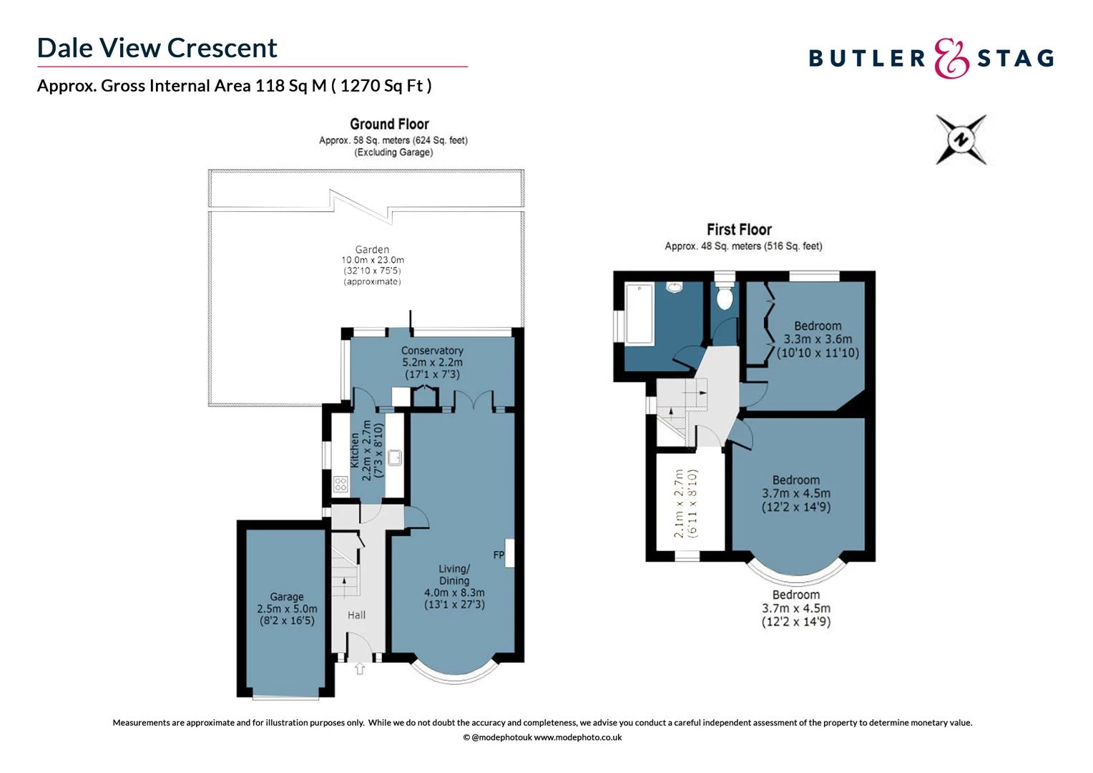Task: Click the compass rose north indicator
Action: click(961, 140)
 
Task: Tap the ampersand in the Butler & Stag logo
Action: click(951, 59)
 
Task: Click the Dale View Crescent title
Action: click(157, 48)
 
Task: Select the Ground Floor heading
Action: click(389, 124)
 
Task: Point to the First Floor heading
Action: click(739, 230)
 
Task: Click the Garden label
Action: click(372, 250)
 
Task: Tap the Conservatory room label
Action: click(432, 351)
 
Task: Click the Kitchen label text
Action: click(355, 451)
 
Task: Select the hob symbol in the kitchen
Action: click(340, 485)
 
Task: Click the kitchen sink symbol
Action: click(395, 457)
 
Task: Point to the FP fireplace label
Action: click(499, 555)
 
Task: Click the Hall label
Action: click(356, 615)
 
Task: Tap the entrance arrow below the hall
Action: click(360, 669)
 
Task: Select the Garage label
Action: click(287, 597)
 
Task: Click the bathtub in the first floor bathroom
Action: click(639, 313)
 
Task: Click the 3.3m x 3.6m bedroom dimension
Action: click(818, 339)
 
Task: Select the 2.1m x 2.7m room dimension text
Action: click(685, 503)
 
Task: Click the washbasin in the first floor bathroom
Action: click(674, 288)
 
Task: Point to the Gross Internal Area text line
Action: click(234, 86)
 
